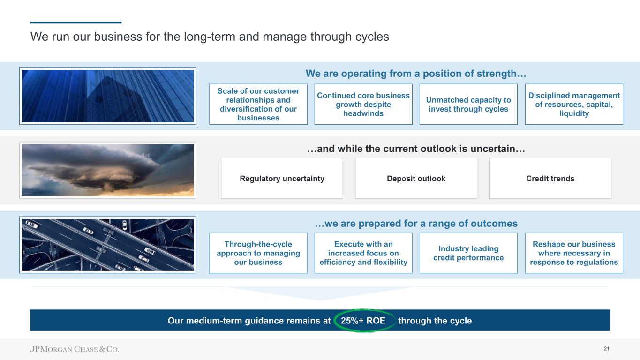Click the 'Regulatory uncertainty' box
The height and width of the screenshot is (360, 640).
coord(282,179)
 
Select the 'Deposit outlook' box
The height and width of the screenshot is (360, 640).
coord(416,179)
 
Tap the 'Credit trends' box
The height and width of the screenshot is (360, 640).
coord(550,179)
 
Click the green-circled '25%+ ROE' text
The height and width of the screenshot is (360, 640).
coord(363,321)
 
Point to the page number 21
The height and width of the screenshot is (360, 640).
coord(606,349)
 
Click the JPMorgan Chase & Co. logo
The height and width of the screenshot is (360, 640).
coord(75,349)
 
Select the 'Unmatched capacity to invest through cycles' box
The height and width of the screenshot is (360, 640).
coord(468,104)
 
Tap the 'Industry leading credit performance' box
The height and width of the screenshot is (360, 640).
coord(468,253)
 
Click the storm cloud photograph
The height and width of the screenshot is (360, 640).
coord(108,170)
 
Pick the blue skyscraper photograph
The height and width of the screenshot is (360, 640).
coord(108,96)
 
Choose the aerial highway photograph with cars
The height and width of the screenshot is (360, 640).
coord(108,244)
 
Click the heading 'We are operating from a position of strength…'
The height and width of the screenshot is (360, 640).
coord(416,74)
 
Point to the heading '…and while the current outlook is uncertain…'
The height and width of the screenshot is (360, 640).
coord(416,150)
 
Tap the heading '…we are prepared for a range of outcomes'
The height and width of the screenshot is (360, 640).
coord(416,224)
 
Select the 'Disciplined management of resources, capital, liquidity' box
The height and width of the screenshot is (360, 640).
coord(574,104)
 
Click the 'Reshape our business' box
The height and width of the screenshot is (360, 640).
coord(574,253)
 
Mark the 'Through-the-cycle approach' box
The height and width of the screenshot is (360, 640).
coord(258,253)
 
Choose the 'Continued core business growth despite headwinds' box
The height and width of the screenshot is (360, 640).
coord(363,104)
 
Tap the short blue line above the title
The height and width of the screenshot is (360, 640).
coord(76,22)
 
